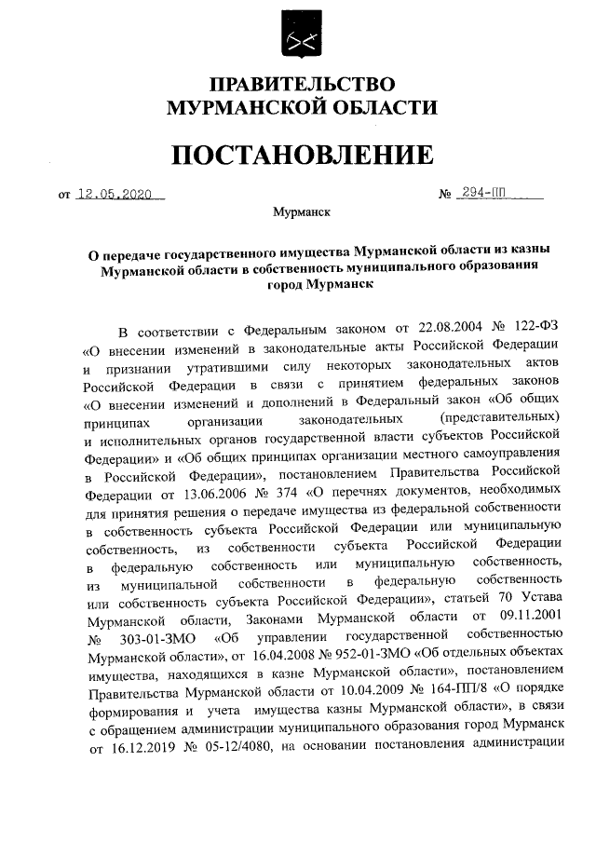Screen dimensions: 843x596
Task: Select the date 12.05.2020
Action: pyautogui.click(x=119, y=196)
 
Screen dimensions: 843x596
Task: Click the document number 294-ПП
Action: pyautogui.click(x=484, y=196)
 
